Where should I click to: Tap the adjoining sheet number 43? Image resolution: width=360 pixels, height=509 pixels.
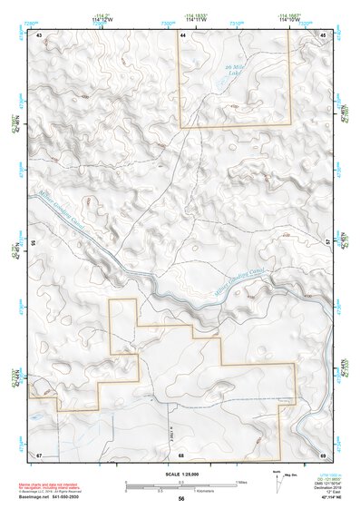pos(39,35)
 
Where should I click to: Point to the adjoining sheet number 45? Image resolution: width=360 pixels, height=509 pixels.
pos(323,35)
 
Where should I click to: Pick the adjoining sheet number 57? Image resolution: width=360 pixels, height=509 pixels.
pos(328,243)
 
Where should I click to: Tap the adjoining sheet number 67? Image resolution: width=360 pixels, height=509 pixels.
pos(39,454)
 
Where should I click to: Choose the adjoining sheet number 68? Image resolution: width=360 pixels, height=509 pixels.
pos(181,454)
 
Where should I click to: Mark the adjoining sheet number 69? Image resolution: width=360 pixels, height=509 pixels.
pos(323,454)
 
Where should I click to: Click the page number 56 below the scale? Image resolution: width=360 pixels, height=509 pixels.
pos(181,499)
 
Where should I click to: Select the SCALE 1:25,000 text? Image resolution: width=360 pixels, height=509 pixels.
pos(180,475)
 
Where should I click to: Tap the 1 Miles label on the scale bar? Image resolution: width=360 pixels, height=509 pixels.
pos(240,482)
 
